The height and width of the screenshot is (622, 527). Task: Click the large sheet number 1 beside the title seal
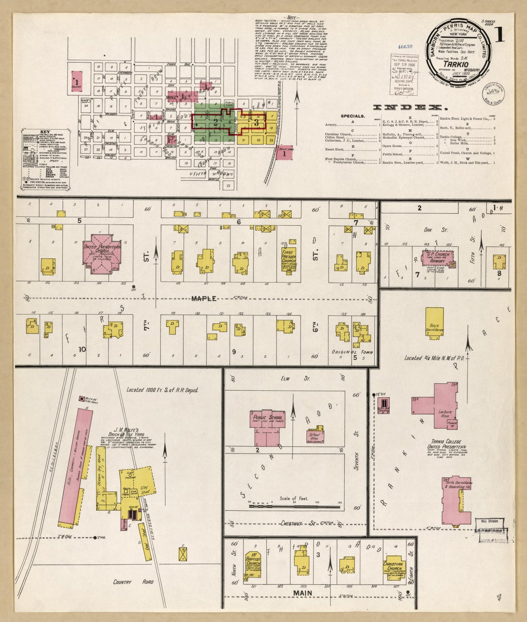click(499, 35)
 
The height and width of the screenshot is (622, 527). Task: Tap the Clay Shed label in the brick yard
click(146, 491)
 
